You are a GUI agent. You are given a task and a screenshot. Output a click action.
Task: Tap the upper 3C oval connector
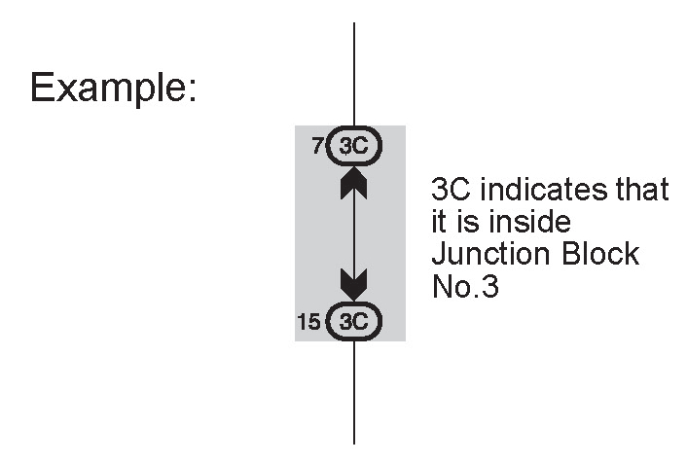coord(354,147)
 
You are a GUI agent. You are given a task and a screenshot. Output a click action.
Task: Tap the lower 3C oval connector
coord(354,320)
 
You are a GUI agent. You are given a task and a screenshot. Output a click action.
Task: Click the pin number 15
coord(308,321)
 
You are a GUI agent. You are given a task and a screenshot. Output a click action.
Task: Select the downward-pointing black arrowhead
coord(353,284)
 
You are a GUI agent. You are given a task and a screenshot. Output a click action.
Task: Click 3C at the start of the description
coord(451,190)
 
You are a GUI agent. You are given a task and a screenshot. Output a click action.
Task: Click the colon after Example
coord(194,89)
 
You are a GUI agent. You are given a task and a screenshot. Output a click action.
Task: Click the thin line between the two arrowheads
coord(353,233)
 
